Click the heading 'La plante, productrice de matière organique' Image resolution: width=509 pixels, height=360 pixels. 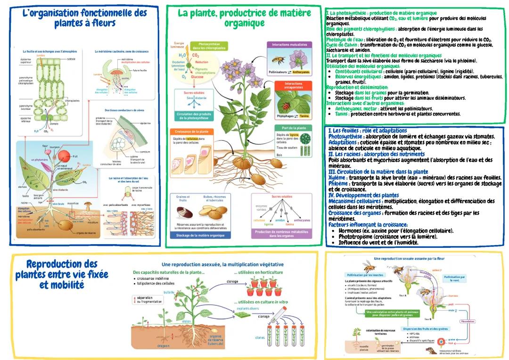[x=244, y=18]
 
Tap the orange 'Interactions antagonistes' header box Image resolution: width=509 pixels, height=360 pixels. [x=293, y=86]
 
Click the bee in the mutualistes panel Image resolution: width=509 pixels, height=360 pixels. [x=278, y=60]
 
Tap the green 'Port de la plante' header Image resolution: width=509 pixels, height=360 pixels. [x=293, y=128]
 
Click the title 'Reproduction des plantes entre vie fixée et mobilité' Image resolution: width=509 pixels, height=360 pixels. [x=61, y=274]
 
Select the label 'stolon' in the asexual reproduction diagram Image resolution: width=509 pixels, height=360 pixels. [x=187, y=322]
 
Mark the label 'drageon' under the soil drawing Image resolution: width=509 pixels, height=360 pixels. [x=163, y=345]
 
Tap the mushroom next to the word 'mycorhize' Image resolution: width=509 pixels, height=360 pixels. [x=88, y=205]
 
